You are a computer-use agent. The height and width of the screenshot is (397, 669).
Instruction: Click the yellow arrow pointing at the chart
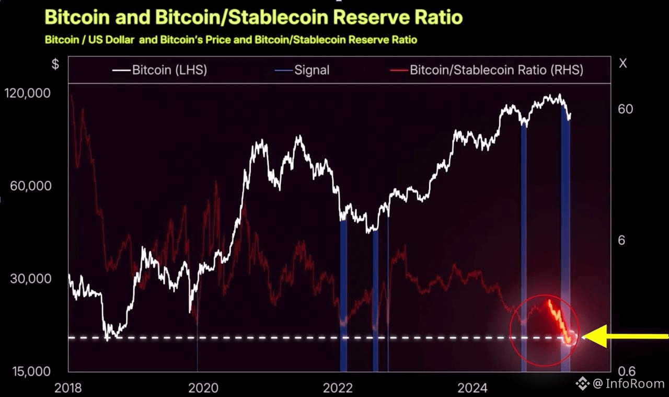pos(625,336)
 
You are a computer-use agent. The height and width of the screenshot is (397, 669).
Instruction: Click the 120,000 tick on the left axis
pos(28,93)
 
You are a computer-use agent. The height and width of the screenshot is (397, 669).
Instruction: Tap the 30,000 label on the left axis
pos(30,278)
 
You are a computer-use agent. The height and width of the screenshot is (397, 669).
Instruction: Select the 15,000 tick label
pos(30,371)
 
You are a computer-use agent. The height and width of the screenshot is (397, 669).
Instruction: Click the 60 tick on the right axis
pos(625,109)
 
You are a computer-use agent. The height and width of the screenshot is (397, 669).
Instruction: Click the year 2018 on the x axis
pos(68,388)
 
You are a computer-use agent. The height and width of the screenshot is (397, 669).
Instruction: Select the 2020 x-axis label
pos(203,388)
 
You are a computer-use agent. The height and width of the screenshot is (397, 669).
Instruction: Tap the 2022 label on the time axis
pos(338,388)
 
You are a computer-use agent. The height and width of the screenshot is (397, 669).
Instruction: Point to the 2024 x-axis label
pos(472,388)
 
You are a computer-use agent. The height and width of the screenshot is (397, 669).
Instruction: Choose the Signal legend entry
pos(312,70)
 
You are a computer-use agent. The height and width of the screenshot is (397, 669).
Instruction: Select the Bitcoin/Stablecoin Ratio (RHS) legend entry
pos(496,70)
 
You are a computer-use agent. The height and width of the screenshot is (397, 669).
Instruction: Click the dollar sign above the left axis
pos(55,64)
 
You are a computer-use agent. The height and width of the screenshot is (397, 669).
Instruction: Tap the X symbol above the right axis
pos(622,63)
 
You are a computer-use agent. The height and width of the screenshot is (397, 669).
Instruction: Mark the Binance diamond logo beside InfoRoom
pos(583,384)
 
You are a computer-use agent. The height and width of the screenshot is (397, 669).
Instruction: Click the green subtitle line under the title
pos(230,40)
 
